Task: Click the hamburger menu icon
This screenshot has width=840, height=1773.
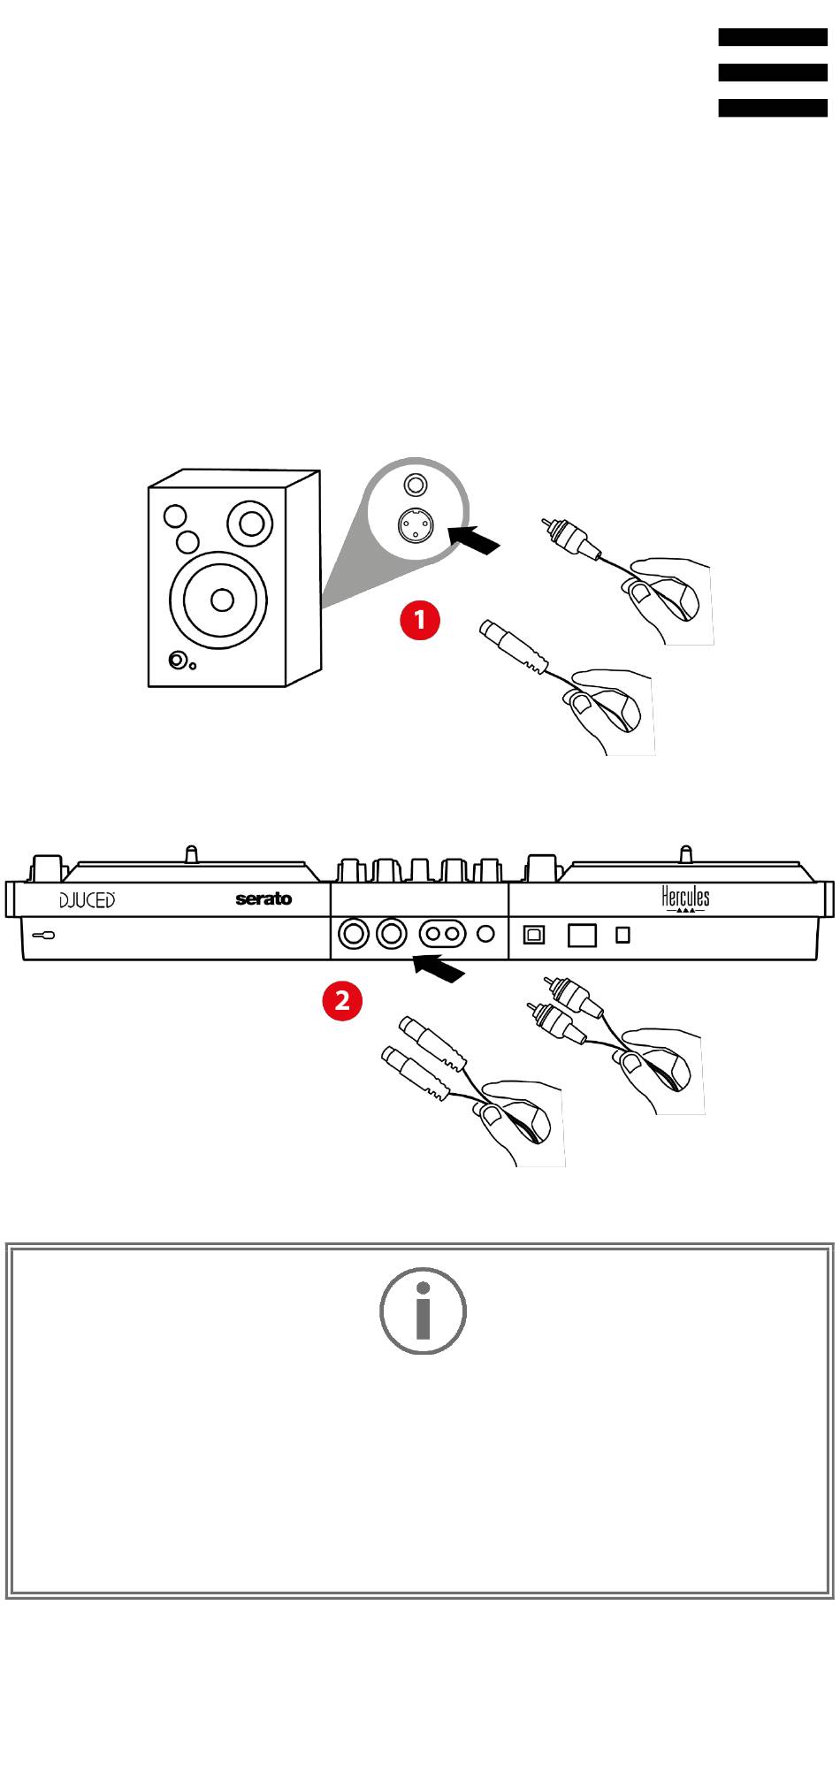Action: pyautogui.click(x=772, y=73)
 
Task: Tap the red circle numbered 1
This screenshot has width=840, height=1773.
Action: pyautogui.click(x=420, y=619)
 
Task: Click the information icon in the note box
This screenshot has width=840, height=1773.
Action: pyautogui.click(x=423, y=1311)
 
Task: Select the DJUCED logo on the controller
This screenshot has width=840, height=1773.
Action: pyautogui.click(x=88, y=900)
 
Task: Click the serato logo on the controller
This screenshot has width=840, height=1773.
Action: pyautogui.click(x=263, y=899)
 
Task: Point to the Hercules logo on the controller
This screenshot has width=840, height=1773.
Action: pyautogui.click(x=685, y=898)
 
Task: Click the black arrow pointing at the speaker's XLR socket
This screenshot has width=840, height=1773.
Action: pyautogui.click(x=475, y=539)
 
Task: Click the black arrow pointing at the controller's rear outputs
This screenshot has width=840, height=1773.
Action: pyautogui.click(x=439, y=967)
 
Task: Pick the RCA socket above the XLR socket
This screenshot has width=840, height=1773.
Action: pyautogui.click(x=416, y=485)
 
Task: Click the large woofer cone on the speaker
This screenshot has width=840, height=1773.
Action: pyautogui.click(x=218, y=600)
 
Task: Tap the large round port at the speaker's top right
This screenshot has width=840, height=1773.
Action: pyautogui.click(x=250, y=523)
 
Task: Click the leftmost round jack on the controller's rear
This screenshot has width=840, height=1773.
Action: pyautogui.click(x=354, y=934)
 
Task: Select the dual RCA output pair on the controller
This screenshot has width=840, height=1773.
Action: pyautogui.click(x=442, y=934)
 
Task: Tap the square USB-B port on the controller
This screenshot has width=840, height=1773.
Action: pyautogui.click(x=534, y=934)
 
